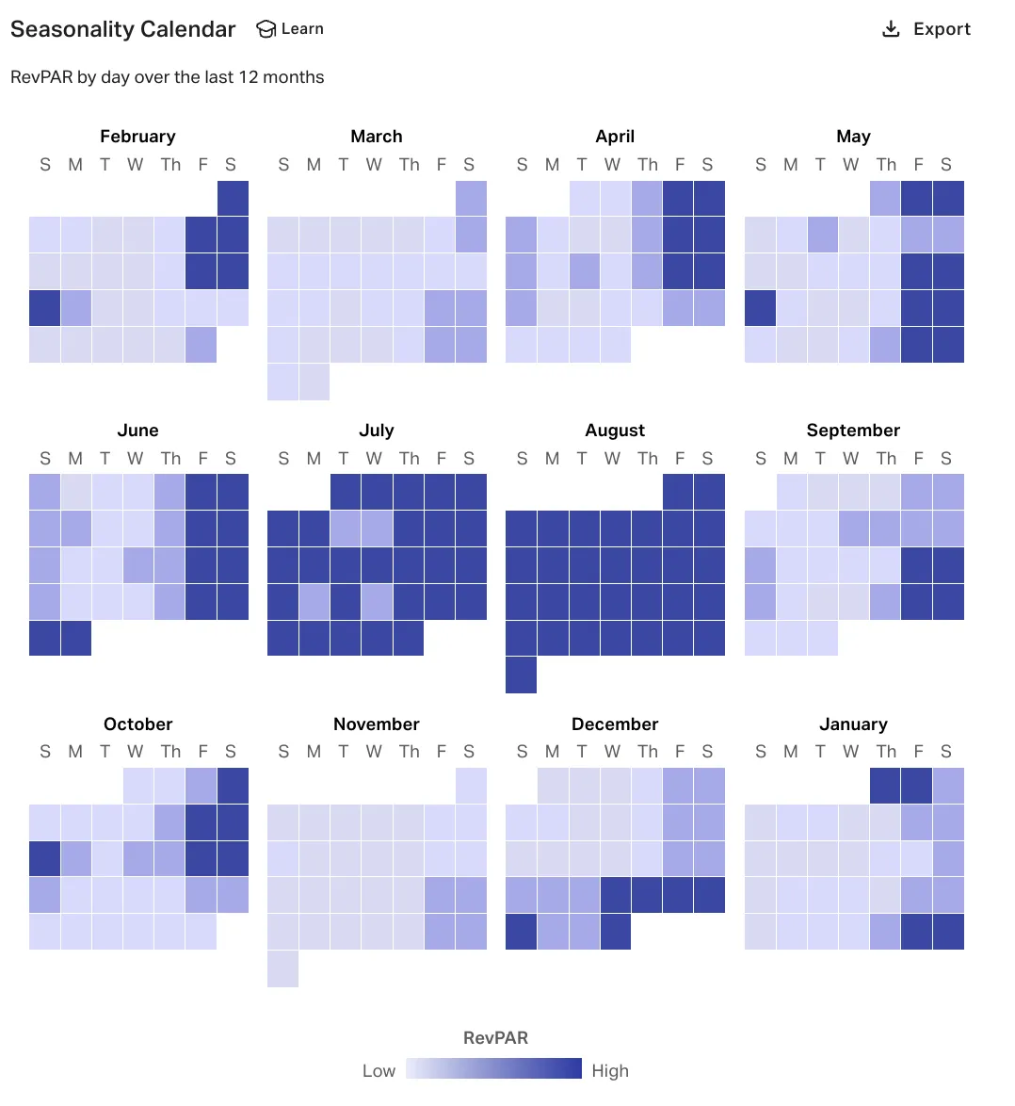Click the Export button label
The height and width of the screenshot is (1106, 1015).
(942, 29)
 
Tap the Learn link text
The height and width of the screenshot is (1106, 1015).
(302, 29)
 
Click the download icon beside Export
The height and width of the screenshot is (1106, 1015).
(891, 29)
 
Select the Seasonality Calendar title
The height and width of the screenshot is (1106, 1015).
(122, 29)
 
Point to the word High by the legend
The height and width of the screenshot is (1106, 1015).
(610, 1071)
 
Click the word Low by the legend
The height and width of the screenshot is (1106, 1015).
(379, 1071)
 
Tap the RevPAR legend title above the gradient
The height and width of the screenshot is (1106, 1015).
(495, 1038)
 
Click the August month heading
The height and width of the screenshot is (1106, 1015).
(615, 431)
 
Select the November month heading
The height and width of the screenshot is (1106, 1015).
(376, 724)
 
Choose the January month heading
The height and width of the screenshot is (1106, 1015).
(853, 724)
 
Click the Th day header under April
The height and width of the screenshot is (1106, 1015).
(647, 165)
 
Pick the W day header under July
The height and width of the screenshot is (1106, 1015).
(374, 459)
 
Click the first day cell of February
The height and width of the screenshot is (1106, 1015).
(233, 199)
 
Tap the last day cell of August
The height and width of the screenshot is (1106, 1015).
(521, 675)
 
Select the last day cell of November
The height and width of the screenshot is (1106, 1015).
(282, 969)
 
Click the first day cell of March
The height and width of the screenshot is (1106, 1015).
(471, 199)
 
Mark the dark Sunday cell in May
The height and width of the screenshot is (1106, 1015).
(760, 308)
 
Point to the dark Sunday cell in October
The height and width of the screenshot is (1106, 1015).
(44, 859)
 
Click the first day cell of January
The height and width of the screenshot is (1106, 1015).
(885, 786)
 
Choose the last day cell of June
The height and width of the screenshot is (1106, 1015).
(75, 639)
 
